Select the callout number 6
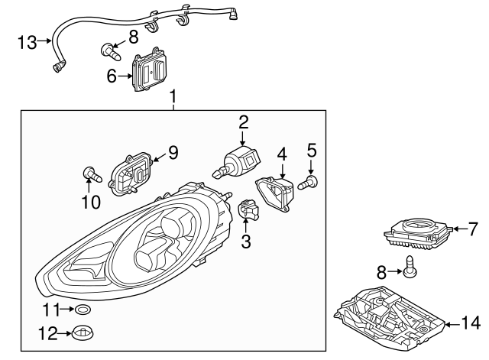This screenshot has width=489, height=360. [112, 76]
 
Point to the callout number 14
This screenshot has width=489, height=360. [471, 324]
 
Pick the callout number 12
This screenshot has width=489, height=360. [49, 333]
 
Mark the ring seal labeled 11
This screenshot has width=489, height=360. [83, 310]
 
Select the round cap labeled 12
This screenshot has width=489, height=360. [83, 333]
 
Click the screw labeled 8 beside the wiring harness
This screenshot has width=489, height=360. [112, 53]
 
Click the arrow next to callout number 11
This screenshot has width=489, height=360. [66, 310]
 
